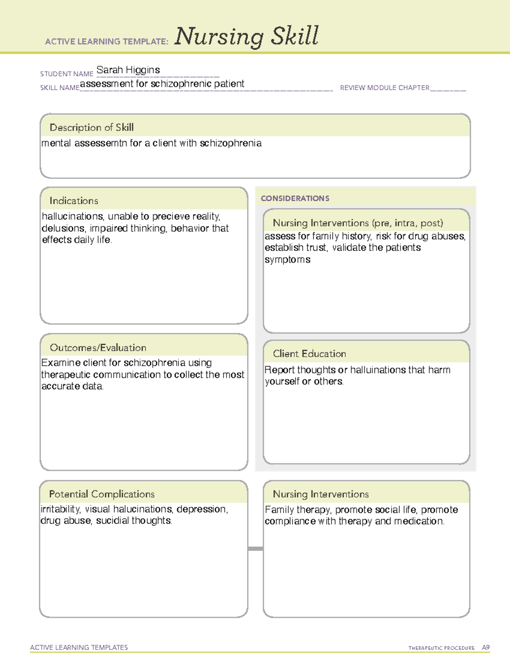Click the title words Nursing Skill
pos(246,36)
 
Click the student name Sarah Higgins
pos(128,70)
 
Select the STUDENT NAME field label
pos(67,74)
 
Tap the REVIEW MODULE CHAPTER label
pos(385,88)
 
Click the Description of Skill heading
pos(91,127)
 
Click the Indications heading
pos(74,201)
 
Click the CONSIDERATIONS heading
pos(295,198)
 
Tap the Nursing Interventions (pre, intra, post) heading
pos(358,223)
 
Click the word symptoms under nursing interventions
pos(287,260)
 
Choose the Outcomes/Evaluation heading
pos(98,348)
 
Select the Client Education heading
pos(309,354)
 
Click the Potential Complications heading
pos(102,494)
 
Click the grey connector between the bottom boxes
pos(255,549)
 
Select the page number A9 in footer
pos(485,648)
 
